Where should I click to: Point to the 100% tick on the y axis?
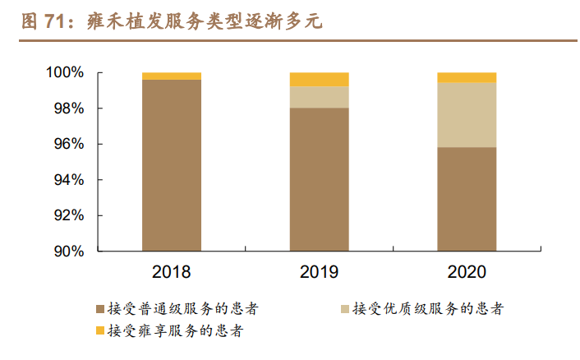click(x=63, y=73)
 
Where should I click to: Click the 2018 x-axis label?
click(x=171, y=272)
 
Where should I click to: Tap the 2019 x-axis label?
click(x=319, y=272)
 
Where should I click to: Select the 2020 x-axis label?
click(x=466, y=272)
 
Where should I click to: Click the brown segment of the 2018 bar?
click(x=171, y=164)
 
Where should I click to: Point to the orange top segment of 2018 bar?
click(x=171, y=76)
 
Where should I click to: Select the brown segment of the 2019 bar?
click(x=319, y=179)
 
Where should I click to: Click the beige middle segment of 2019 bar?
click(x=319, y=97)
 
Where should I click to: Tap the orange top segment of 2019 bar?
click(x=319, y=79)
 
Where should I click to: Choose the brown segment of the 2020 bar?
click(x=466, y=199)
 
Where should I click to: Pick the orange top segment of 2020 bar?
click(x=466, y=77)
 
